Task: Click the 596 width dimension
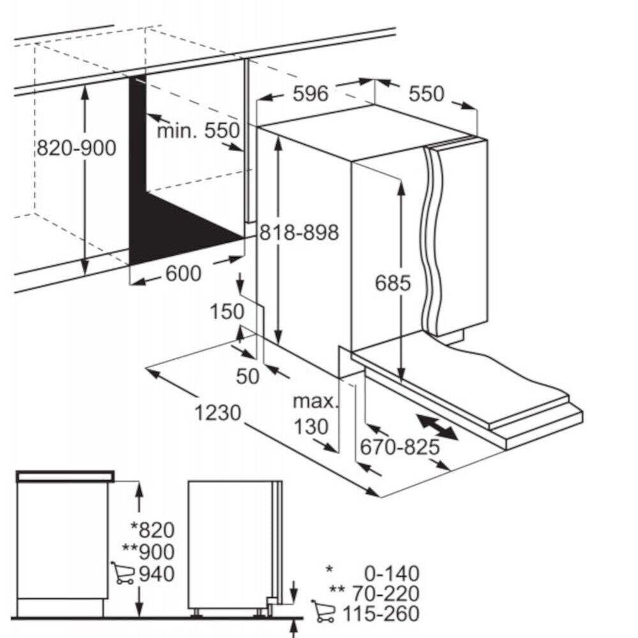[311, 94]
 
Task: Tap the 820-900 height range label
[77, 148]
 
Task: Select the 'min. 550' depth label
[198, 131]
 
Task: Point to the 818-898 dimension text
[299, 232]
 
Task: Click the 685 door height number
[392, 283]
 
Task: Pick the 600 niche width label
[183, 274]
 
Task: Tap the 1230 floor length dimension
[218, 413]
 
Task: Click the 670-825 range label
[400, 447]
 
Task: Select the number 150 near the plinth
[227, 312]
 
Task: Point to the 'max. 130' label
[316, 414]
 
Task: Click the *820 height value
[152, 530]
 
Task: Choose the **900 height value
[149, 552]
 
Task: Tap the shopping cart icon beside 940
[122, 573]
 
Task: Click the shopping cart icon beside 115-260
[323, 611]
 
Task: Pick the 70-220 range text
[385, 593]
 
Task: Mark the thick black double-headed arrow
[438, 426]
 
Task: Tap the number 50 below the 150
[248, 376]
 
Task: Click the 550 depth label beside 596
[426, 94]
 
